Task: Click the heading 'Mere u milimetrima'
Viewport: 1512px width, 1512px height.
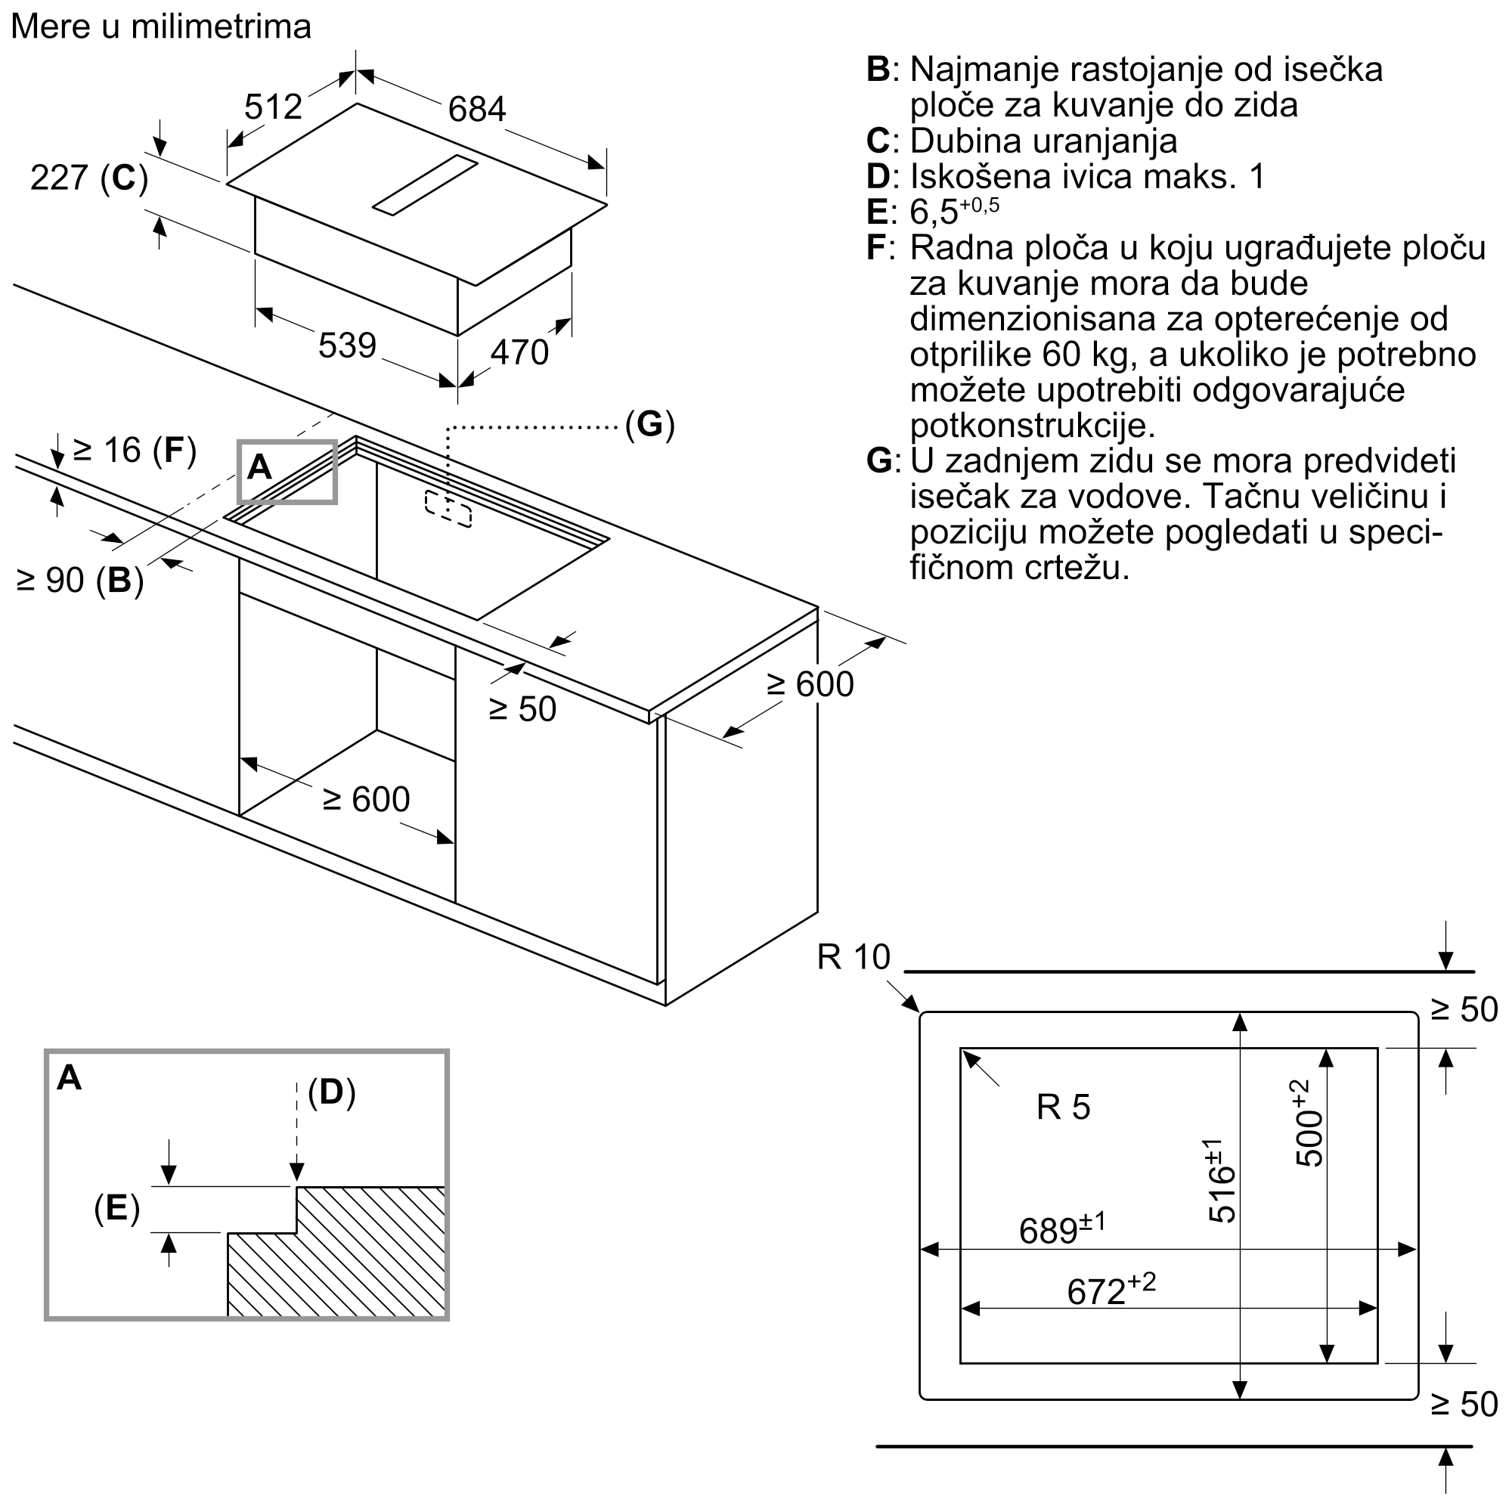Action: pyautogui.click(x=161, y=26)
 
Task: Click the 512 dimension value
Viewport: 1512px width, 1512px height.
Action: pyautogui.click(x=273, y=107)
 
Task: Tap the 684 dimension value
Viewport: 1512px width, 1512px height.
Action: pyautogui.click(x=476, y=110)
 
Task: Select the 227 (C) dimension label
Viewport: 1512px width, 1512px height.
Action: pyautogui.click(x=89, y=178)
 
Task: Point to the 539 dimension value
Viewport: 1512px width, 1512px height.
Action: pyautogui.click(x=348, y=345)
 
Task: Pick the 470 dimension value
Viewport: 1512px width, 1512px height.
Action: pyautogui.click(x=519, y=352)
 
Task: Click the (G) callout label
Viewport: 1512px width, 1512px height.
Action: pyautogui.click(x=649, y=424)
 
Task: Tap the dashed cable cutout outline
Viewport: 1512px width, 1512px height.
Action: pyautogui.click(x=448, y=509)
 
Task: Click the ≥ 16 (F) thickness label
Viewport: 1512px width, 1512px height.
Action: pyautogui.click(x=134, y=450)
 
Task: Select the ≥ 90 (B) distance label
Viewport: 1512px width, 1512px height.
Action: pyautogui.click(x=80, y=580)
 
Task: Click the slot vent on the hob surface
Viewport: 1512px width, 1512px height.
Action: pyautogui.click(x=425, y=184)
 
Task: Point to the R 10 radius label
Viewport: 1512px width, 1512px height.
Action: pyautogui.click(x=853, y=957)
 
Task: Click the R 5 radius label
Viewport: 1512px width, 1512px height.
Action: pyautogui.click(x=1063, y=1107)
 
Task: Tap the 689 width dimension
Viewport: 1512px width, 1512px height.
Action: pyautogui.click(x=1061, y=1230)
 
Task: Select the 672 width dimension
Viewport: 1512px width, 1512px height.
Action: pyautogui.click(x=1110, y=1290)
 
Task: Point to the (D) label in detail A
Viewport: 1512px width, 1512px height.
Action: pyautogui.click(x=331, y=1092)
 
